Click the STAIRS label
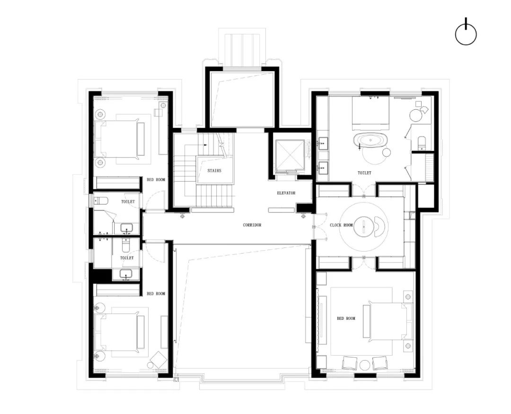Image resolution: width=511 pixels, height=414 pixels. tap(214, 171)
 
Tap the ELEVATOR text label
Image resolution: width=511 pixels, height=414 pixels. tap(286, 193)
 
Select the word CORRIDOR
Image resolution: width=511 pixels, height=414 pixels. tap(252, 225)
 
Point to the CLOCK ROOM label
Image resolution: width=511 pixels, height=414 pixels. tap(341, 225)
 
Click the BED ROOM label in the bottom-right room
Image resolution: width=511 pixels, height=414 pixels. tap(346, 318)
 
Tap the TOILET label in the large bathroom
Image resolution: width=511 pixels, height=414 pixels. tap(364, 173)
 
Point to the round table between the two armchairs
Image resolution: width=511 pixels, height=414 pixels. tap(364, 364)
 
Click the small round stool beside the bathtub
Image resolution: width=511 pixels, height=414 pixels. tap(387, 152)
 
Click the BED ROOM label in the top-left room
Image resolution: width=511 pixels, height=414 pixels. tap(156, 180)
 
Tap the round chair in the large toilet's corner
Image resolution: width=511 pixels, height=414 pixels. tap(415, 115)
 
